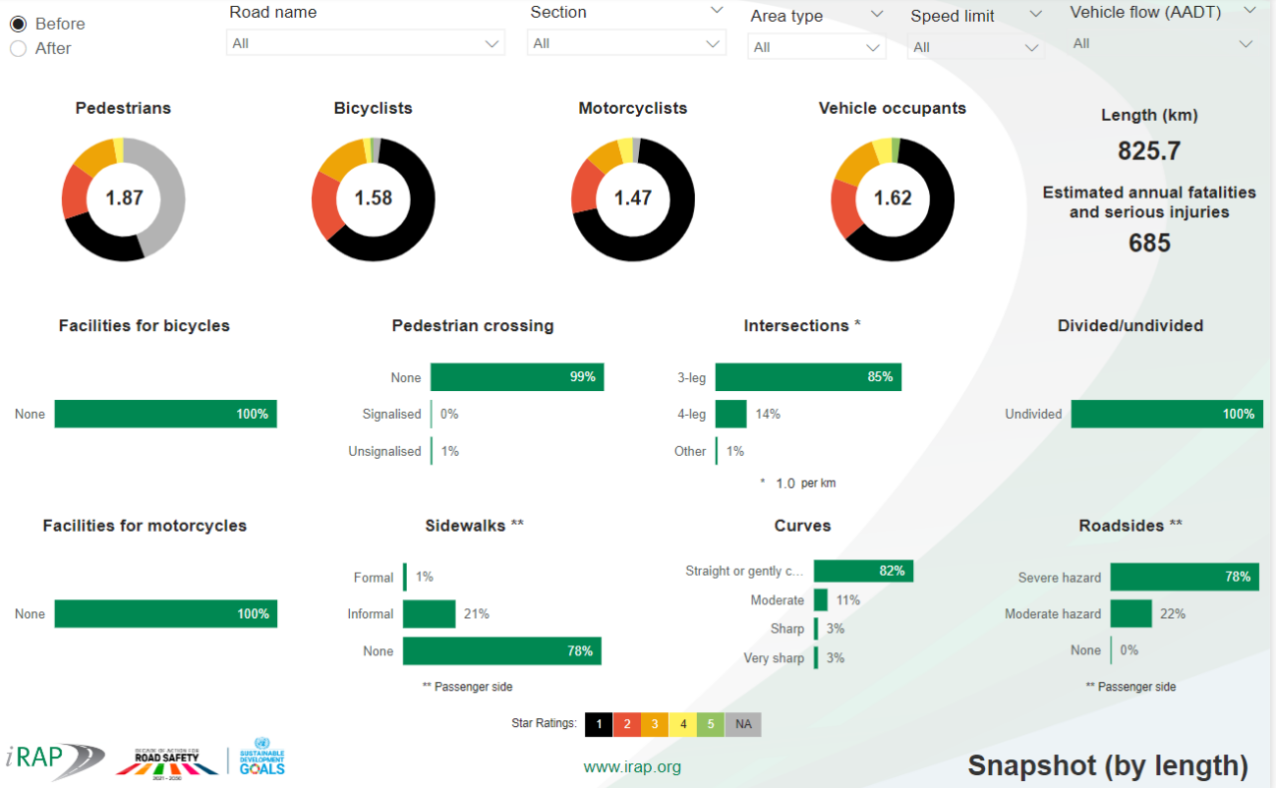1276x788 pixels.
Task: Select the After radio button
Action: point(18,48)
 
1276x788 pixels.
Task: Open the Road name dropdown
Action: point(365,43)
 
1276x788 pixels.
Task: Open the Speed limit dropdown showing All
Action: point(975,47)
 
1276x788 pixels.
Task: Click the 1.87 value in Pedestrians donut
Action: point(125,197)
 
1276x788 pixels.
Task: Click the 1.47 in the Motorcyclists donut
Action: point(633,197)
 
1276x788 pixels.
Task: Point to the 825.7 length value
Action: point(1149,151)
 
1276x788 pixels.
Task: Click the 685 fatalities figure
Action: point(1149,242)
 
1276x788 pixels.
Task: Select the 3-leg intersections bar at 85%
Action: point(807,377)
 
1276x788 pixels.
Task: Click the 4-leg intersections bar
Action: point(731,414)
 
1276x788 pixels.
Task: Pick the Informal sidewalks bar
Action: point(429,614)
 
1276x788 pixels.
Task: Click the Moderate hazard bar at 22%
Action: point(1130,613)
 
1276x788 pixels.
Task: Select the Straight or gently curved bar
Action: point(862,571)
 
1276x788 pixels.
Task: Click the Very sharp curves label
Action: point(774,658)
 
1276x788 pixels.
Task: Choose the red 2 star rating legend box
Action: point(626,724)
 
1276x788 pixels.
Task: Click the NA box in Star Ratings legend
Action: point(743,724)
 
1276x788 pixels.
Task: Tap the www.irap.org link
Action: point(632,767)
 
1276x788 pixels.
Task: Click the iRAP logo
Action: point(54,760)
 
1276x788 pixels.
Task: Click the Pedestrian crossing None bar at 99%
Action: point(516,377)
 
